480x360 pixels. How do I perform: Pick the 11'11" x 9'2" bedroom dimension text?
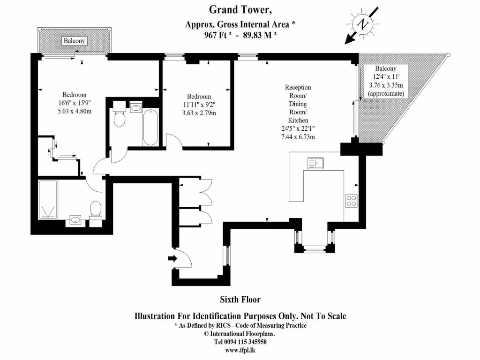(x=199, y=105)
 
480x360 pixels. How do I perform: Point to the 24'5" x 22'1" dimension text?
(x=298, y=129)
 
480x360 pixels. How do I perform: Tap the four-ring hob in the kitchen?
(x=352, y=201)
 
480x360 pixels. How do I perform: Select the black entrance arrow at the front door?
(x=172, y=258)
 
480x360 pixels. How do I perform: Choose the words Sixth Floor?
(x=240, y=299)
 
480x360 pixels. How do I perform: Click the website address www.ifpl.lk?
(x=240, y=350)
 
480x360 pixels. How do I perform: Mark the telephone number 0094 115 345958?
(x=249, y=342)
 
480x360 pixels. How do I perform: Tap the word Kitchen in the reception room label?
(x=298, y=120)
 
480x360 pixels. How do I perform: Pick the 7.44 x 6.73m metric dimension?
(x=298, y=137)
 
